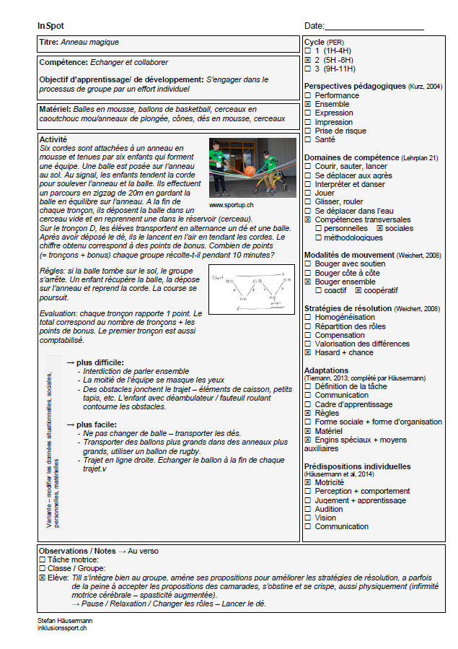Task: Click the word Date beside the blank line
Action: click(x=314, y=26)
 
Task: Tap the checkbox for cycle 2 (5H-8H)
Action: click(x=308, y=60)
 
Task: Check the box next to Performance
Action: click(x=308, y=95)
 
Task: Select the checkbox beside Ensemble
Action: click(x=308, y=105)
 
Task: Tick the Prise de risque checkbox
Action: click(x=308, y=131)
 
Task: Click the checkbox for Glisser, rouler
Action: click(x=308, y=202)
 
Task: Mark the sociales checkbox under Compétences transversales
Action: click(x=380, y=228)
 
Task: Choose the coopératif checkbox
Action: click(x=358, y=290)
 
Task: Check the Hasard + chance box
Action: click(x=308, y=353)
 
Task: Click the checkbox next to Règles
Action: click(x=308, y=414)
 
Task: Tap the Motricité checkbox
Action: click(x=308, y=482)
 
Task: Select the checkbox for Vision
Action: click(x=308, y=518)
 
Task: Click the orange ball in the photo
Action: click(x=250, y=172)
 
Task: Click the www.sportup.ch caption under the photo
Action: click(x=231, y=205)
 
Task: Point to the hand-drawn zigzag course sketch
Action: click(x=252, y=289)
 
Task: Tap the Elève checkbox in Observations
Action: click(x=42, y=578)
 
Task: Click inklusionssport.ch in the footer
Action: click(x=62, y=628)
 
